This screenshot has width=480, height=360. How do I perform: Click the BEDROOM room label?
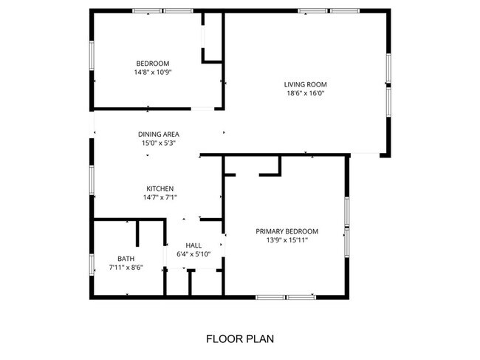(x=153, y=63)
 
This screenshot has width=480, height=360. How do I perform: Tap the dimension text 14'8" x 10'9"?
(x=153, y=72)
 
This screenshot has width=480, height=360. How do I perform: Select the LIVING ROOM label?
(x=306, y=84)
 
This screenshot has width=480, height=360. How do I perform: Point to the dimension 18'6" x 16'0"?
(x=306, y=93)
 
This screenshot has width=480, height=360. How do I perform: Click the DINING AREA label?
(x=159, y=135)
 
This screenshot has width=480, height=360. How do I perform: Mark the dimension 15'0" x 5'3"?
(x=159, y=143)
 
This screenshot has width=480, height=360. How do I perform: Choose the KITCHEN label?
(x=160, y=189)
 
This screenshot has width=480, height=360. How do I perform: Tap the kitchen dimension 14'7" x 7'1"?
(x=160, y=197)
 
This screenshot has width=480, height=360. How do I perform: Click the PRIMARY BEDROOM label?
(x=287, y=231)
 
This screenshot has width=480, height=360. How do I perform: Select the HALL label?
(x=193, y=245)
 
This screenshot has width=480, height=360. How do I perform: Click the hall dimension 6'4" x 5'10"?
(x=193, y=254)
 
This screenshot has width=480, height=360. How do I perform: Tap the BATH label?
(x=126, y=258)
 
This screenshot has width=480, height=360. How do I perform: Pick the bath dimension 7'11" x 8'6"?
(x=126, y=267)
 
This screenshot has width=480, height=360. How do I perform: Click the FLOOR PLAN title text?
(x=239, y=339)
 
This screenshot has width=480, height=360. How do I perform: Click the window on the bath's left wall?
(x=92, y=264)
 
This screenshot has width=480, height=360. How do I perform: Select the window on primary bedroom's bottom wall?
(x=286, y=297)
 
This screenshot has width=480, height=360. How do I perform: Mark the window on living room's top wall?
(x=329, y=11)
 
